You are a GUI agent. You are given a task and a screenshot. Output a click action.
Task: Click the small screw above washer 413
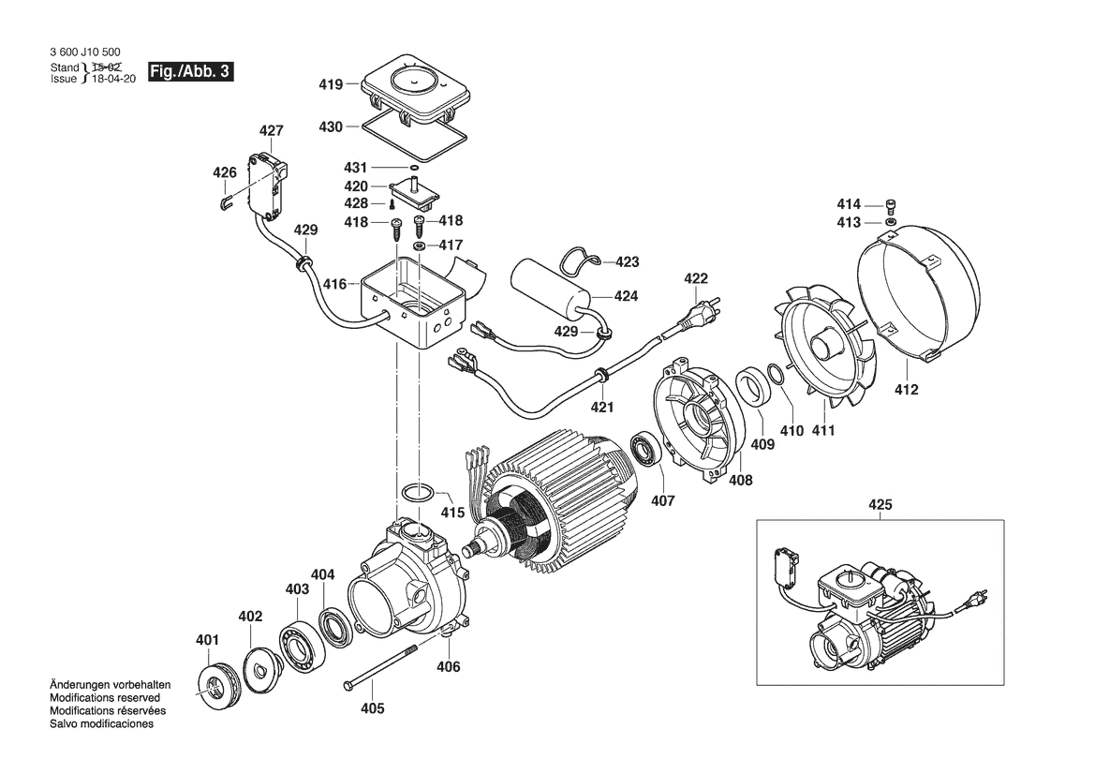click(892, 206)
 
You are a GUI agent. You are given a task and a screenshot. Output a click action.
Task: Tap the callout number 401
click(207, 640)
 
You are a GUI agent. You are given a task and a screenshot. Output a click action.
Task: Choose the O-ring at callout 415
click(419, 492)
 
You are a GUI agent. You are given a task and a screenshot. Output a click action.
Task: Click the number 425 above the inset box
click(880, 506)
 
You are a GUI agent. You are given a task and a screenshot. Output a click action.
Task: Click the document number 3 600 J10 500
click(85, 53)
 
